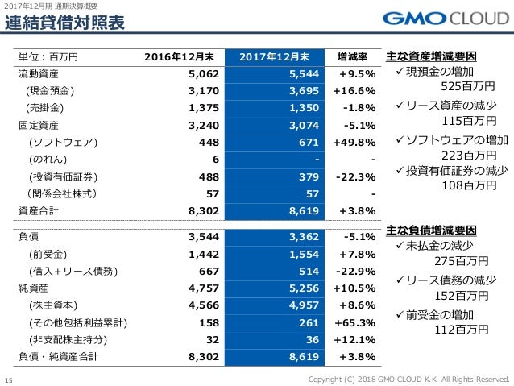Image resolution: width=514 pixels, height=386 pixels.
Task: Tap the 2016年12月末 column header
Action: coord(181,57)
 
